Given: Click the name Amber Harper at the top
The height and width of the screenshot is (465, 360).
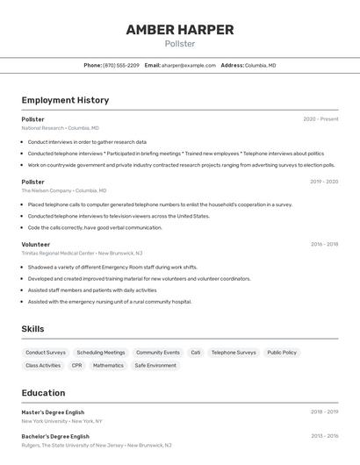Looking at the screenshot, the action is pyautogui.click(x=179, y=30).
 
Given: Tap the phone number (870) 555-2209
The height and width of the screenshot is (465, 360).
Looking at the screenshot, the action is pyautogui.click(x=121, y=65).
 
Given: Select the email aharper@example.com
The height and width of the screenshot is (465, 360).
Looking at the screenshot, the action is pyautogui.click(x=188, y=65).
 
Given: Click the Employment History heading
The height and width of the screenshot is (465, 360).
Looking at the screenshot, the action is pyautogui.click(x=65, y=100).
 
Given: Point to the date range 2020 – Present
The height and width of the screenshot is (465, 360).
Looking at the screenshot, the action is pyautogui.click(x=320, y=119).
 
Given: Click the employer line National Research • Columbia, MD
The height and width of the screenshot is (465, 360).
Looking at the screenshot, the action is pyautogui.click(x=60, y=128).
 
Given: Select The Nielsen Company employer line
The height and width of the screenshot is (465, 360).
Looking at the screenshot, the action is pyautogui.click(x=63, y=190).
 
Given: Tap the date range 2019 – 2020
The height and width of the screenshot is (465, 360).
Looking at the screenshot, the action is pyautogui.click(x=324, y=182).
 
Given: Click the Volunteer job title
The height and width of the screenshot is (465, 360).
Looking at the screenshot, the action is pyautogui.click(x=36, y=244).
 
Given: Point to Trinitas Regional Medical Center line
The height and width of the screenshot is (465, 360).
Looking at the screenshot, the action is pyautogui.click(x=82, y=253).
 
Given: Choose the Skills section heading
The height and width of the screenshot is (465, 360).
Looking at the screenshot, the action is pyautogui.click(x=33, y=329).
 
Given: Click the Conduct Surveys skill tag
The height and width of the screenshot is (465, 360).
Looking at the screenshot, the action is pyautogui.click(x=46, y=353).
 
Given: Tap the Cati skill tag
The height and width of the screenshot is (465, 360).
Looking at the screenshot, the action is pyautogui.click(x=196, y=353).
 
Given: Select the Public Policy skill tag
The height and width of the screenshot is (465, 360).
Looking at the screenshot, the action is pyautogui.click(x=282, y=353).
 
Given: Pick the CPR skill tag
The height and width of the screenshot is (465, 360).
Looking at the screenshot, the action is pyautogui.click(x=77, y=365).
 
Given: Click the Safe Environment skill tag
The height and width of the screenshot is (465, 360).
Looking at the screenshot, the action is pyautogui.click(x=155, y=365).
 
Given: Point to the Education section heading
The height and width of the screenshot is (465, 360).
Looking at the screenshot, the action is pyautogui.click(x=44, y=393).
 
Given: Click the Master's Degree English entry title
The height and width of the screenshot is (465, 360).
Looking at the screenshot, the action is pyautogui.click(x=53, y=411).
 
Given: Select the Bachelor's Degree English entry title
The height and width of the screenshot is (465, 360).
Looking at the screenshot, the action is pyautogui.click(x=55, y=436).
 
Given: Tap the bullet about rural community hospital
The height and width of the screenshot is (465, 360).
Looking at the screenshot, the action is pyautogui.click(x=109, y=302).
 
